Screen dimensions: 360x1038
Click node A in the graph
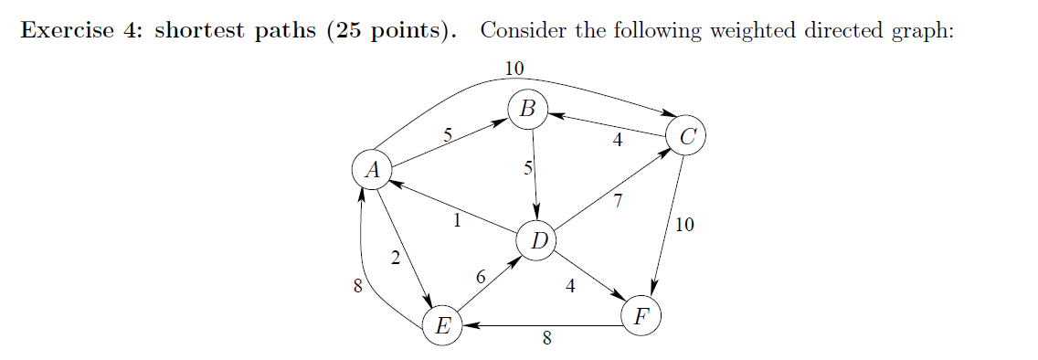point(371,170)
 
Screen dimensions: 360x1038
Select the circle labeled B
point(528,109)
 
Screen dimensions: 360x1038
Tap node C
point(687,137)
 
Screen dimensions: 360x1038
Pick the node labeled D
point(538,241)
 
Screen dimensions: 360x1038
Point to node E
point(442,325)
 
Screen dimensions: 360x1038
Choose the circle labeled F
point(641,317)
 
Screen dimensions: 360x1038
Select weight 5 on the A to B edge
point(447,135)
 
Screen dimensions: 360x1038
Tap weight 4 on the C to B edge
point(618,141)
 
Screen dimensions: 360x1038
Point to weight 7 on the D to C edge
point(618,203)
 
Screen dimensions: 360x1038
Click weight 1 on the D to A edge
point(457,219)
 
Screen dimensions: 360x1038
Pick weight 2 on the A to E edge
point(395,259)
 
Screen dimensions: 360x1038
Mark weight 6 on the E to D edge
point(481,276)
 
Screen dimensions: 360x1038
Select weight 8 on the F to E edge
point(546,339)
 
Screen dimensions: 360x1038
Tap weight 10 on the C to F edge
point(684,225)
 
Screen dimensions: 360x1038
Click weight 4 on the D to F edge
point(571,286)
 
